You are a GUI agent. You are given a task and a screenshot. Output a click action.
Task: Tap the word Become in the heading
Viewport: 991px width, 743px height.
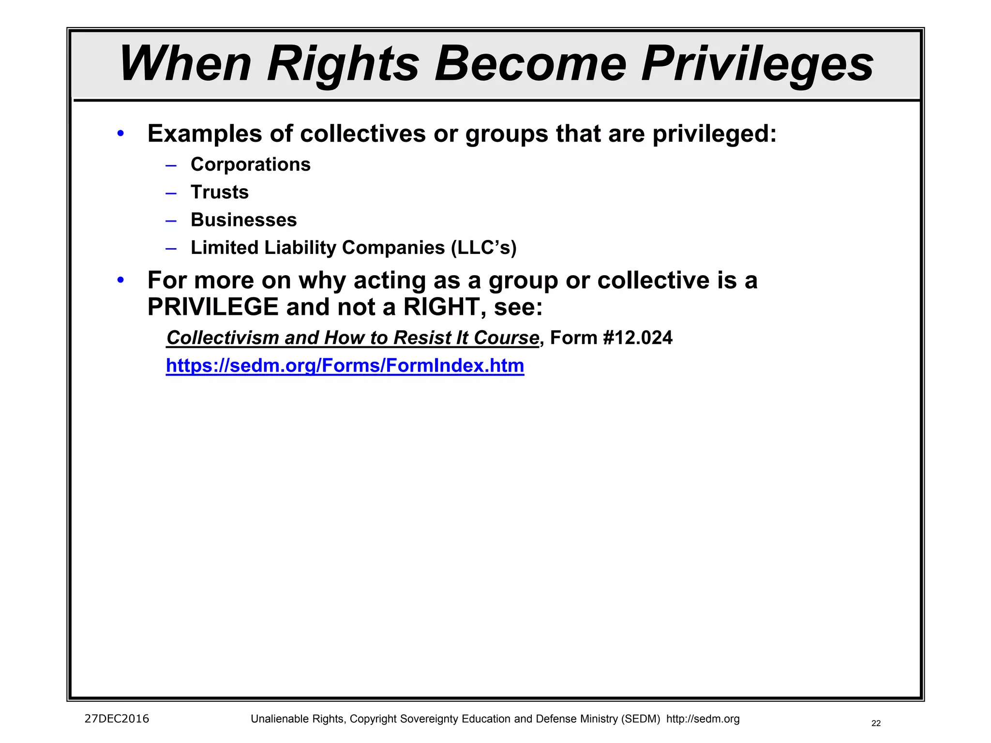[x=530, y=64]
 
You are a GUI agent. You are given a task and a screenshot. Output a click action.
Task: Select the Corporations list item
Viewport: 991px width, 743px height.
[x=250, y=164]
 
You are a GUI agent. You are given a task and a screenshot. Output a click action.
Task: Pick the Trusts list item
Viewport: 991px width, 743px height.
[x=220, y=192]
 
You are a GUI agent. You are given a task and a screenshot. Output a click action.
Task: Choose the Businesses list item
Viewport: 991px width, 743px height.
[x=243, y=220]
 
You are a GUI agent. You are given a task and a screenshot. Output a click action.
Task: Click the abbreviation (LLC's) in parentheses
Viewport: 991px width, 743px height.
[x=484, y=248]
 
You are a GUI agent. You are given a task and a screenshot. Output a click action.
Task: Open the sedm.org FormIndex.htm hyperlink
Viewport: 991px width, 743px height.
[x=345, y=366]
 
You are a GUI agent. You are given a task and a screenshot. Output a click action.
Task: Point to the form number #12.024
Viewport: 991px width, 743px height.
[x=638, y=338]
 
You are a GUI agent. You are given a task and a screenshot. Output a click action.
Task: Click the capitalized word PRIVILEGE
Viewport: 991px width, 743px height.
[x=213, y=307]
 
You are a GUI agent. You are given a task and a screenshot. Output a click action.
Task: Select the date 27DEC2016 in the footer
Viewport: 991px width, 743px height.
[x=117, y=719]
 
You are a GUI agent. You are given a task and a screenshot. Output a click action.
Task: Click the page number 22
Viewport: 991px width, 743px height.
[x=876, y=723]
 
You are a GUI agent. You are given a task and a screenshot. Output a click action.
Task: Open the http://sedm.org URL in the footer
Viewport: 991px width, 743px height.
[x=703, y=719]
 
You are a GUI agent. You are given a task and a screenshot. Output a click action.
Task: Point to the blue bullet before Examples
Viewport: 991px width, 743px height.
[x=120, y=133]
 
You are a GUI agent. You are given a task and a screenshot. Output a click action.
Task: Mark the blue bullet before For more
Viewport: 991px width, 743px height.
[x=120, y=280]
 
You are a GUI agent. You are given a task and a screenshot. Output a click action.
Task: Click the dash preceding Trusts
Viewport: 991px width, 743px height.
[x=171, y=193]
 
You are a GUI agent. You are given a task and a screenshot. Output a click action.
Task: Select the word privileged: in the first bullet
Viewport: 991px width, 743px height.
[x=714, y=134]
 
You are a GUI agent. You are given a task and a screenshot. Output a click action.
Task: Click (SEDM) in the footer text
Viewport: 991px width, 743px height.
[x=641, y=719]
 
